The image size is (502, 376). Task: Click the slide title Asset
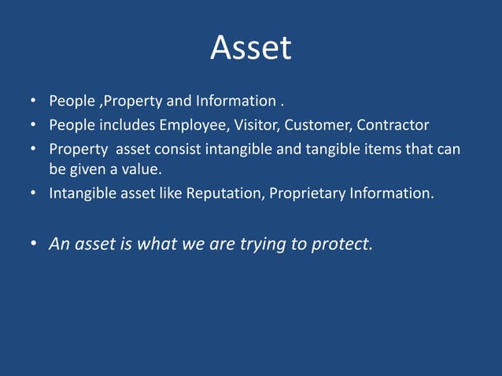tap(250, 49)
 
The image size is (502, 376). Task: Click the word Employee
tap(194, 125)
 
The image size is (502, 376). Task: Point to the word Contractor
tap(393, 125)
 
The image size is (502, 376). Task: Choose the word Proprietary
tap(307, 193)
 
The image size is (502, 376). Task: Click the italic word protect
tap(341, 244)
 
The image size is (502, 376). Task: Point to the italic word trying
tap(264, 244)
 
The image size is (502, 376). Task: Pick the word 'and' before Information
tap(179, 101)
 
